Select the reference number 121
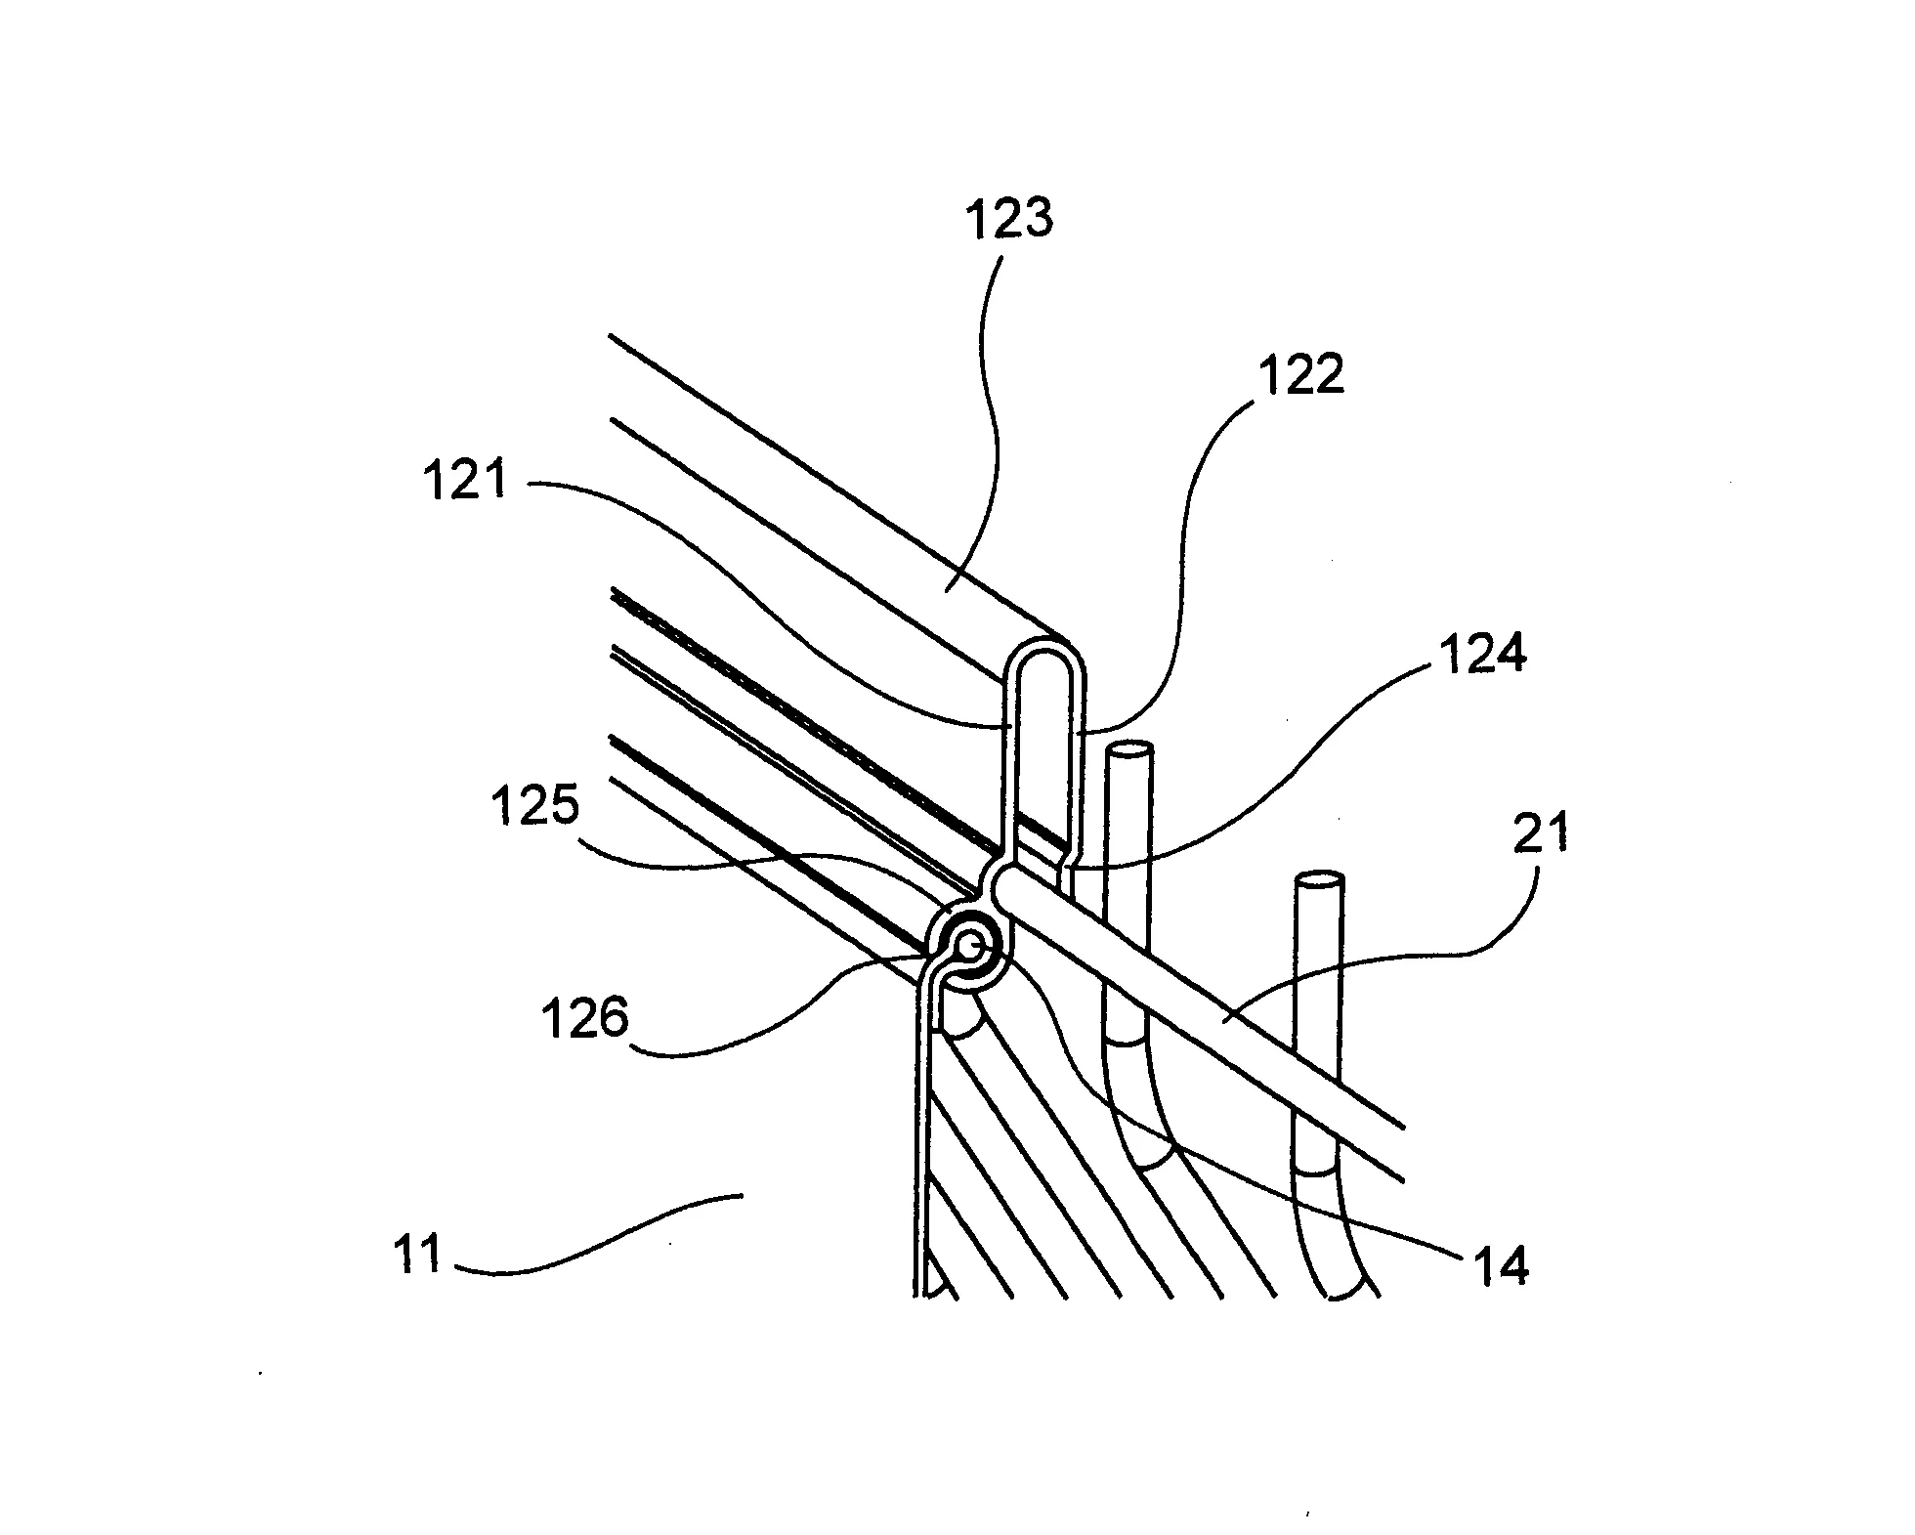click(467, 482)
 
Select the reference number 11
click(418, 1254)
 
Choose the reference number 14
click(1503, 1266)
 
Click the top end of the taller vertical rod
click(1128, 751)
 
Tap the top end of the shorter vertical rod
click(1319, 880)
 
